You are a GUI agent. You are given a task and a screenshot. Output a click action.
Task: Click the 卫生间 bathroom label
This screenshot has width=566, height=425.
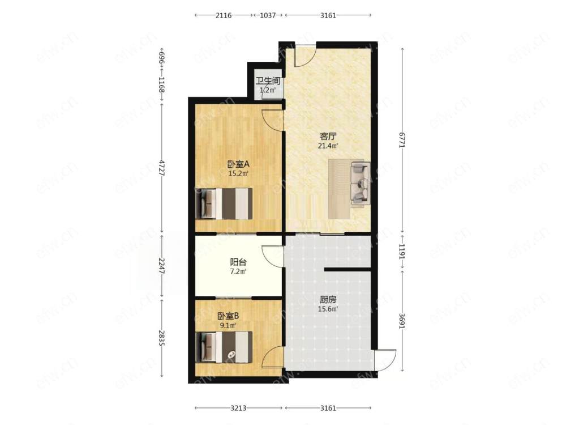tap(268, 81)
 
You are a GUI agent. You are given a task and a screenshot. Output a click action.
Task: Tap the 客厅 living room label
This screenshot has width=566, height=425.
tap(328, 137)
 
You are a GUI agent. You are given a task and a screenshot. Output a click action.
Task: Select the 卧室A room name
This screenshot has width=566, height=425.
tap(238, 164)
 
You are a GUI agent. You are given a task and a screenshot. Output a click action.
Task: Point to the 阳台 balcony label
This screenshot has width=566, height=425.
tap(238, 262)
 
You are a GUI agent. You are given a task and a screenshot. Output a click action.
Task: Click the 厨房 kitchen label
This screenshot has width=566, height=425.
tap(328, 300)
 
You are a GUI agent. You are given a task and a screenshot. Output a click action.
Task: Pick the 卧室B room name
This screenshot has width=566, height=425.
tap(228, 316)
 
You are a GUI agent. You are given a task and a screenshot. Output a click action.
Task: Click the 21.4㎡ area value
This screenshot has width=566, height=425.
tap(328, 146)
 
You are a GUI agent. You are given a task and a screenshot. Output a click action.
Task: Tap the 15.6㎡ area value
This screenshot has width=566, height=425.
tap(328, 309)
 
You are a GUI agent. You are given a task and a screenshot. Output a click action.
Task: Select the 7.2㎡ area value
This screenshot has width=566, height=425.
tap(238, 271)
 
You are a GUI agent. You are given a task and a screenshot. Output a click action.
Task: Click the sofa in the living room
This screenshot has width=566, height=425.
tap(360, 183)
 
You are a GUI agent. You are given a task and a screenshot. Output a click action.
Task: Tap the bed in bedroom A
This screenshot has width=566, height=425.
tap(224, 203)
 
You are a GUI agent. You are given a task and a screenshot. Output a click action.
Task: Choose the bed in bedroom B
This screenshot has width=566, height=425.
tap(224, 347)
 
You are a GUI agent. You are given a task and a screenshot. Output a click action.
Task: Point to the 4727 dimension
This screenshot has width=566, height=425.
tap(161, 168)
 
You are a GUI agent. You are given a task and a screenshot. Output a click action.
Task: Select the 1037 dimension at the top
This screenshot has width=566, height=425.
tap(268, 15)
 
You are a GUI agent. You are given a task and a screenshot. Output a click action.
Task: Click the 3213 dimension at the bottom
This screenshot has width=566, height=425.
tap(238, 408)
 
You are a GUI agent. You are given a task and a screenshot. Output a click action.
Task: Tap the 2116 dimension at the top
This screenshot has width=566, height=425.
tap(224, 15)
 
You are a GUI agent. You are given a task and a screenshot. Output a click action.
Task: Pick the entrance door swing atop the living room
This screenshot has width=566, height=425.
tap(306, 55)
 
